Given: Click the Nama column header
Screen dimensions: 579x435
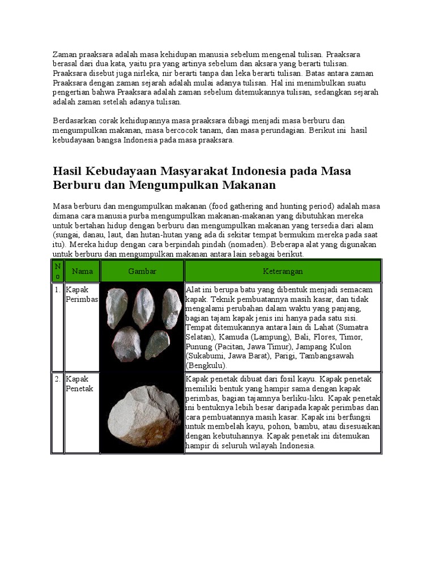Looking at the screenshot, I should (x=82, y=271).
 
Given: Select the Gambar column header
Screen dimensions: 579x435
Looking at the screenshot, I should (x=142, y=271).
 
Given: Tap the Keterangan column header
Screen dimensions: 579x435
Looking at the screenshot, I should (x=283, y=271).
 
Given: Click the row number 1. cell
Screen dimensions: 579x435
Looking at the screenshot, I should (x=58, y=290).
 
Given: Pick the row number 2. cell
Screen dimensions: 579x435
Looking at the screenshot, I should (x=58, y=379).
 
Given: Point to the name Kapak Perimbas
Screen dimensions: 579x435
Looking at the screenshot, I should (x=82, y=295).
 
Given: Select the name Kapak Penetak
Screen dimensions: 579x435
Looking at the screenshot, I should (x=79, y=383).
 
